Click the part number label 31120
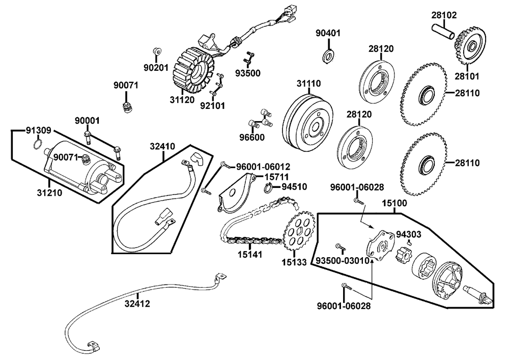(182, 100)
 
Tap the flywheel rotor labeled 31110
(307, 122)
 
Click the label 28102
(444, 15)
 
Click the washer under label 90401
(328, 56)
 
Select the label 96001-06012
(263, 167)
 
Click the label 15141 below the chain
(250, 255)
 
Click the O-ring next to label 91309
(38, 144)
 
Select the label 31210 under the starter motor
(49, 193)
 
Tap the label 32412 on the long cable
(137, 304)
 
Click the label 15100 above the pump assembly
(394, 204)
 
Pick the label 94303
(409, 234)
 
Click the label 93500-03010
(343, 261)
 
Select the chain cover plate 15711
(235, 194)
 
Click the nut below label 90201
(156, 51)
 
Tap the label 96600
(252, 137)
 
